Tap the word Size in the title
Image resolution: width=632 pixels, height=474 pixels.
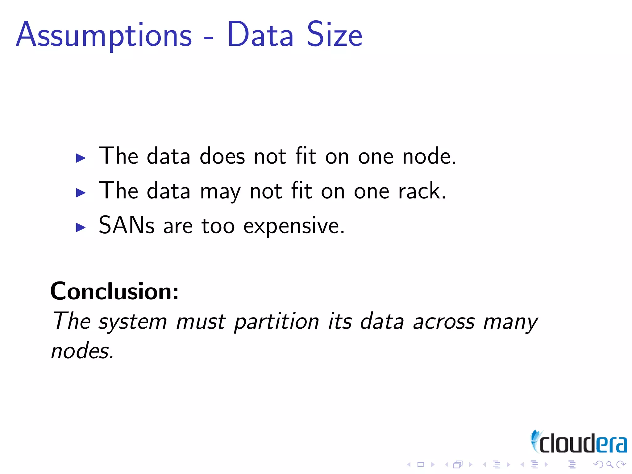point(335,35)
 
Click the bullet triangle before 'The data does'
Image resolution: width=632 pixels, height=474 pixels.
point(81,158)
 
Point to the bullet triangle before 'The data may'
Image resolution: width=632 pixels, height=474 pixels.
point(81,193)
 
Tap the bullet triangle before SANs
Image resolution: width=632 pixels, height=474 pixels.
point(81,227)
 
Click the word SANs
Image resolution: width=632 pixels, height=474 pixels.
point(126,225)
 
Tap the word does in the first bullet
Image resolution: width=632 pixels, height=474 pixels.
point(222,156)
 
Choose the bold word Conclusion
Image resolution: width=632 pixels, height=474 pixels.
point(114,291)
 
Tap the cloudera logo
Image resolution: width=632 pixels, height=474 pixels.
point(578,443)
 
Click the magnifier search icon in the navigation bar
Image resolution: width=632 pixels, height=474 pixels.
point(609,464)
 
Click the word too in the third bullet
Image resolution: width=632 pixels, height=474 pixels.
point(218,226)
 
